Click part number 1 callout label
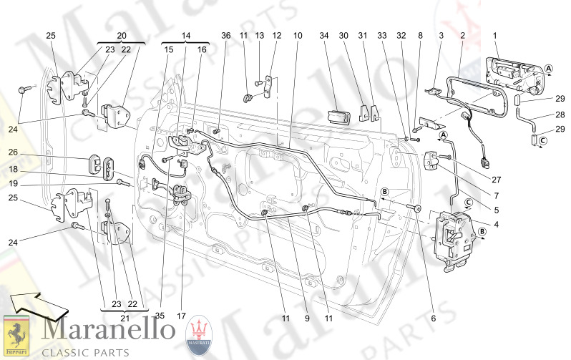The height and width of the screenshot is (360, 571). (x=493, y=35)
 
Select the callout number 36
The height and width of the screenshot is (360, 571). (x=225, y=35)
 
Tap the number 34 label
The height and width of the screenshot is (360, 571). (x=323, y=35)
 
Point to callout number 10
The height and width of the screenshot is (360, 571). (x=298, y=35)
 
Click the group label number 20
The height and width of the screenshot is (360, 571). (x=121, y=35)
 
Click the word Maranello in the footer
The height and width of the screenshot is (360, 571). (x=109, y=331)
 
